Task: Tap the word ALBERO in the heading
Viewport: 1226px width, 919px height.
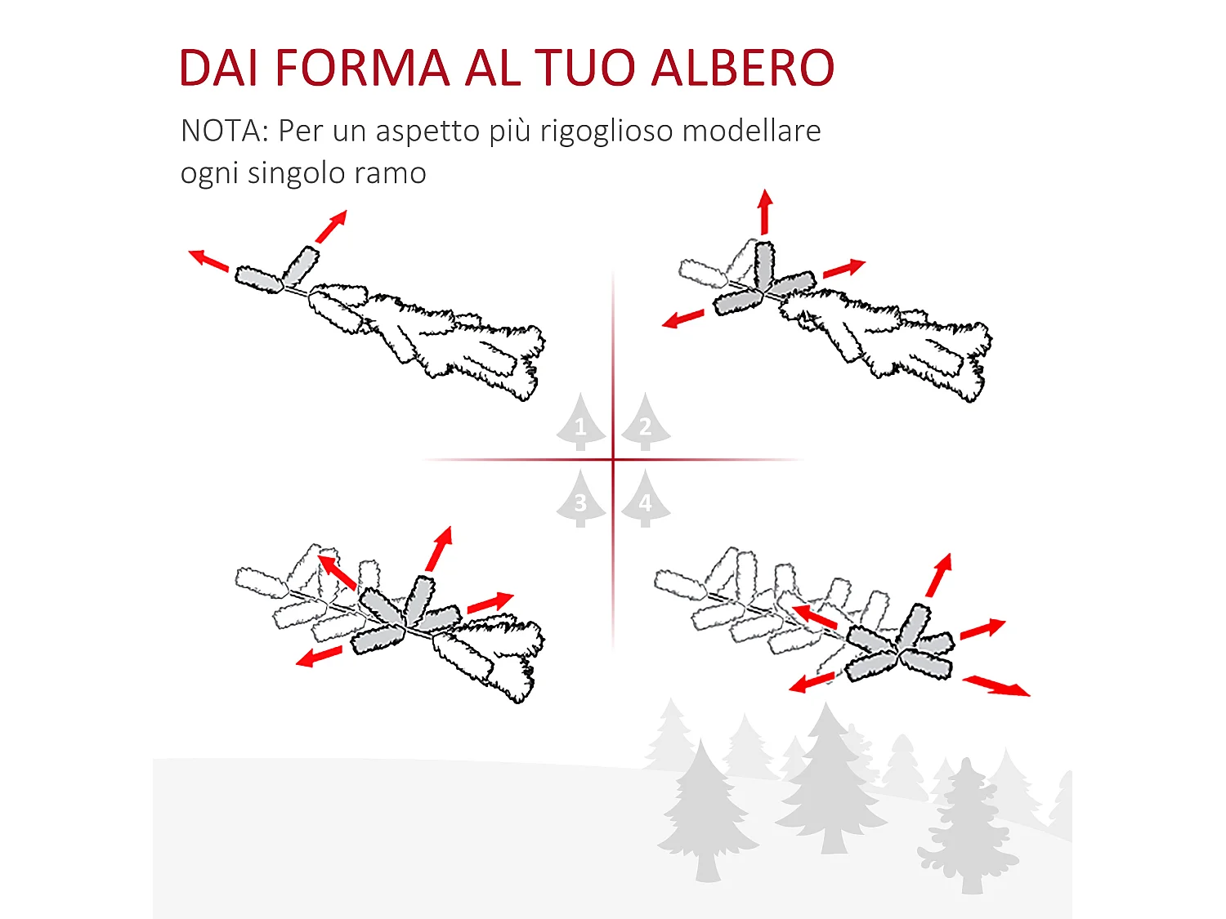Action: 742,68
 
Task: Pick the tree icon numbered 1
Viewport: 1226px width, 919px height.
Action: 580,423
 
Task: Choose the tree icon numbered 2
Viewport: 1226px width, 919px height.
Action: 646,423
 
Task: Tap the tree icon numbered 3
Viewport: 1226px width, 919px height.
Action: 580,500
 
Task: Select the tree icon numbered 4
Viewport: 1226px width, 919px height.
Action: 646,500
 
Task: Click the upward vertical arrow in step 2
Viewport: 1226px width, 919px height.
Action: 765,212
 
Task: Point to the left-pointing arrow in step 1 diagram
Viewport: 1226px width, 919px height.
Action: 208,260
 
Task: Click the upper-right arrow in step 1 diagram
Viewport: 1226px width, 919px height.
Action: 331,227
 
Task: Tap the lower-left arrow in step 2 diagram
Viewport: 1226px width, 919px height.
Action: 683,319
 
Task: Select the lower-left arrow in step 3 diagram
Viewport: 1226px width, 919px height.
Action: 319,656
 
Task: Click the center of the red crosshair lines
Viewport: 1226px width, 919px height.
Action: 613,460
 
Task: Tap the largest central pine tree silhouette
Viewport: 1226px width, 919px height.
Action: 830,784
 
